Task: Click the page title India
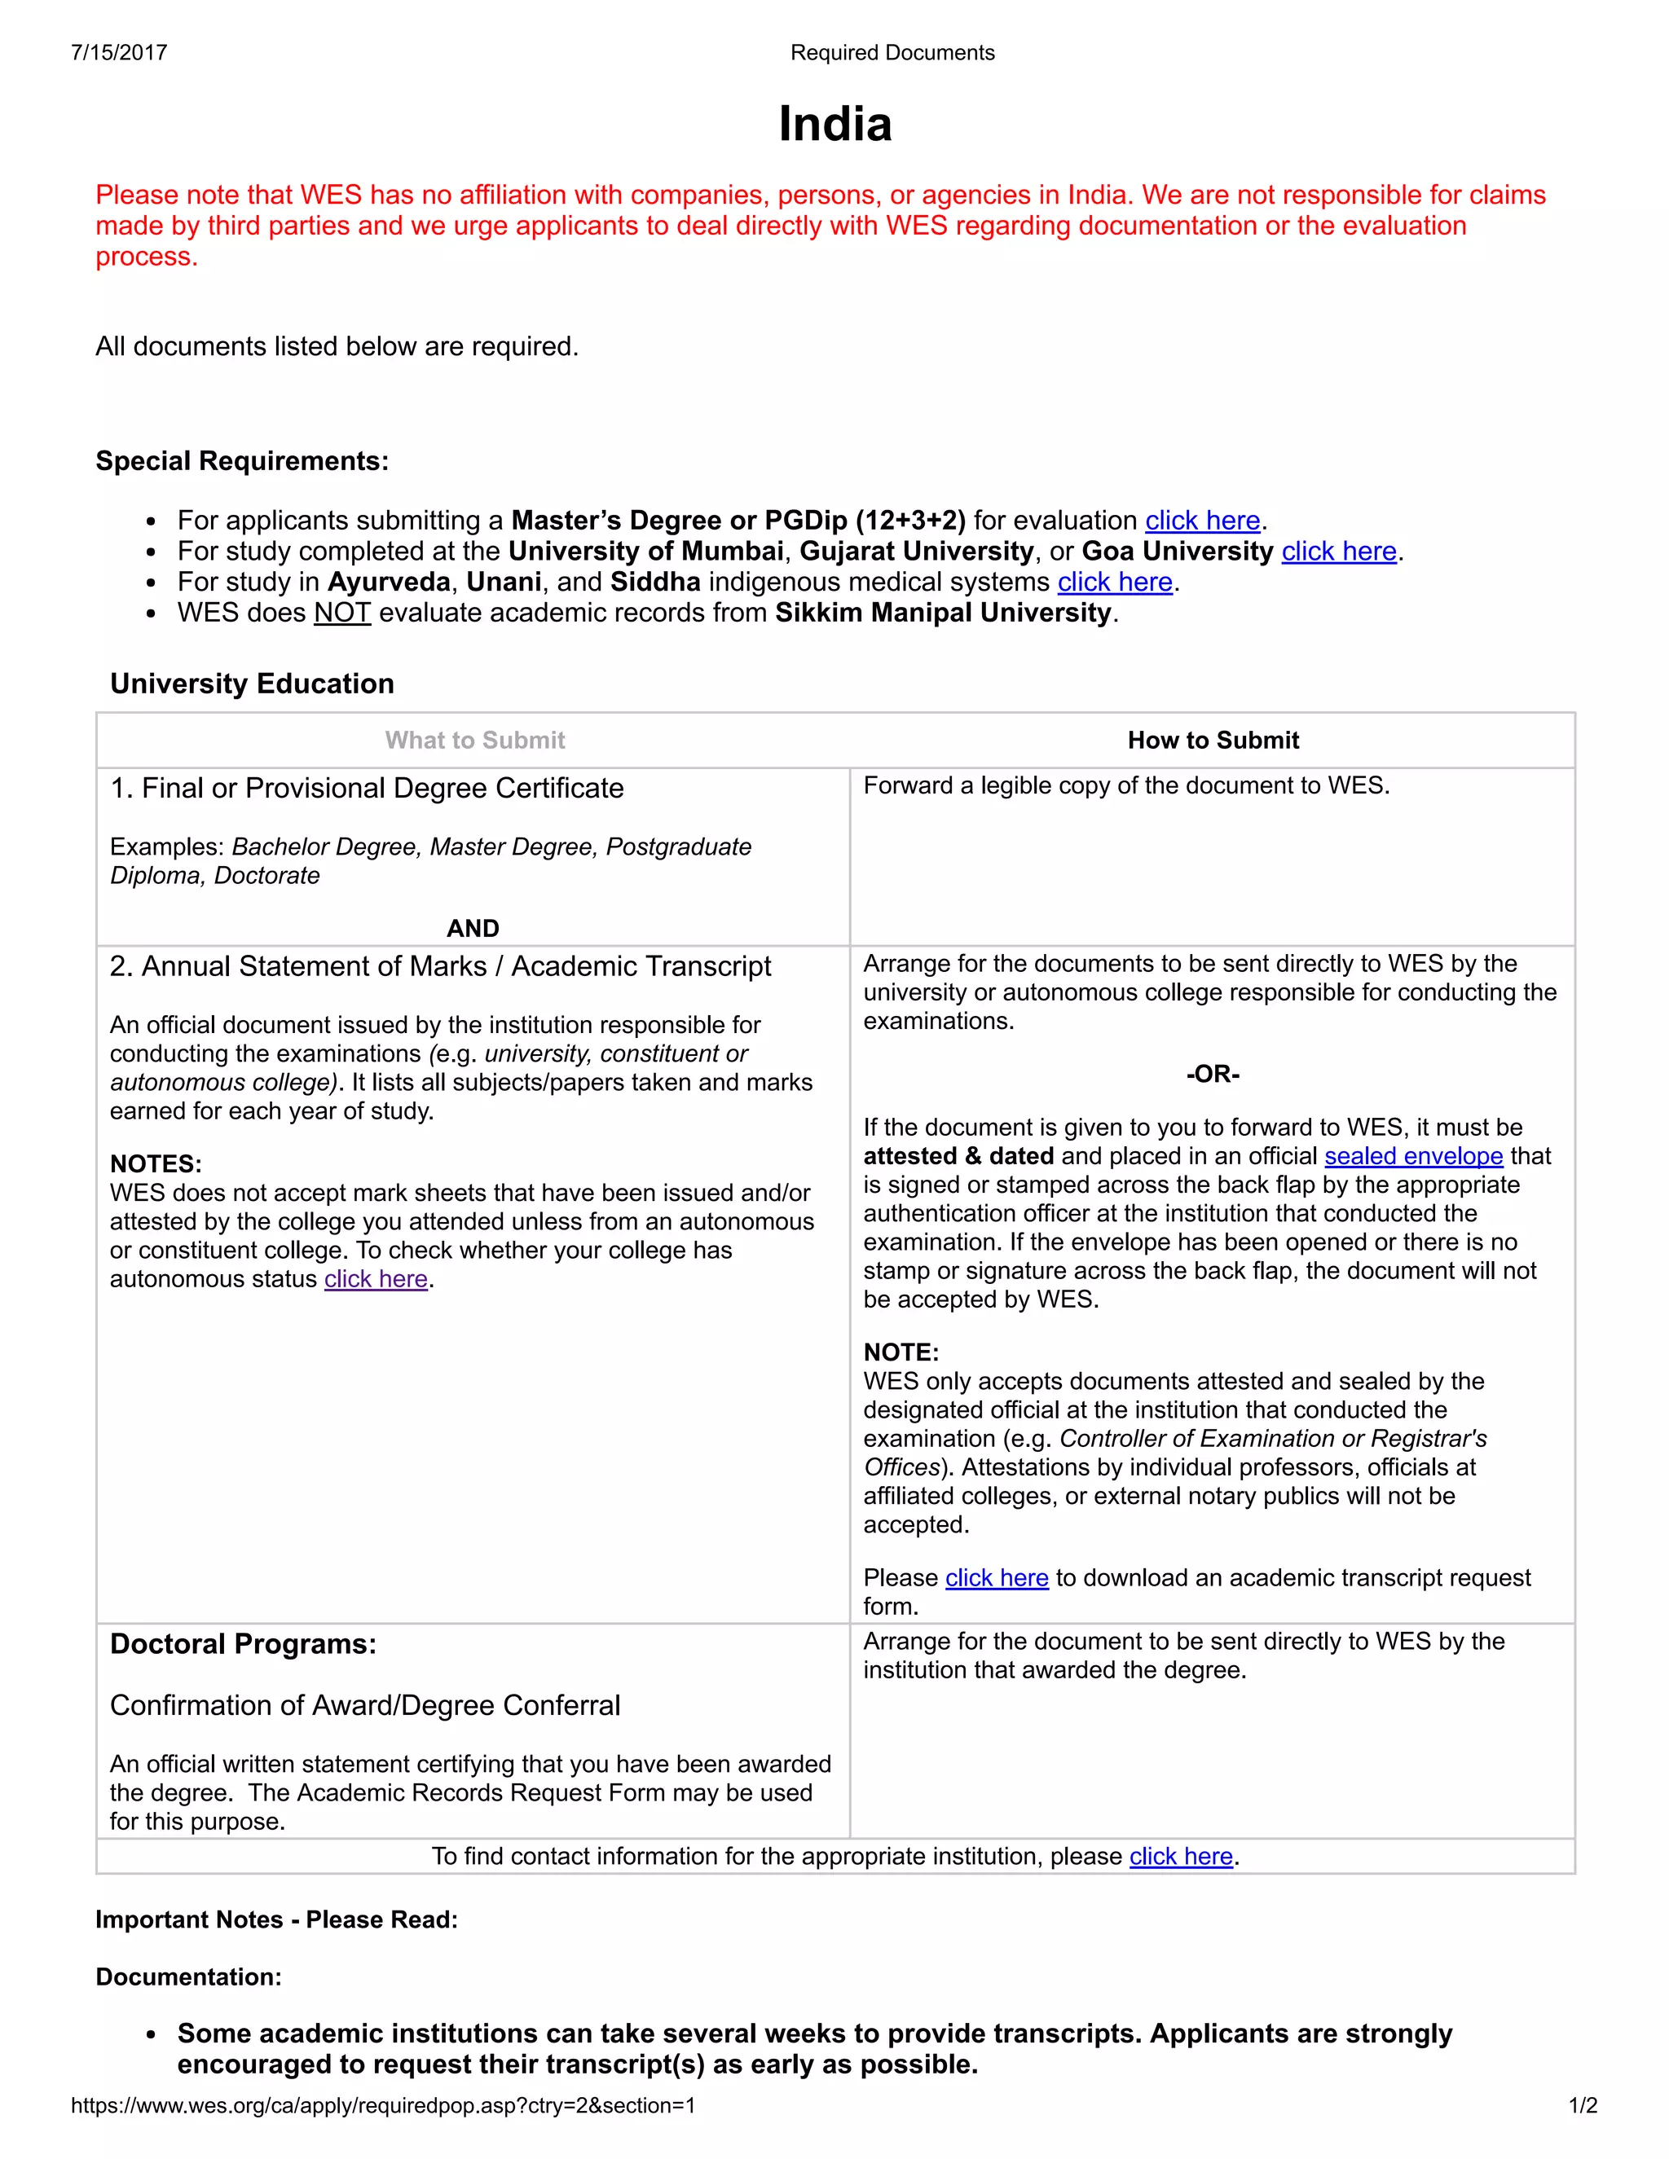(834, 125)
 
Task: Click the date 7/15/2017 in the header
(119, 52)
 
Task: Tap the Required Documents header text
(892, 52)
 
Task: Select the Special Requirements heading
(242, 460)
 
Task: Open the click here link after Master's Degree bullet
(1202, 521)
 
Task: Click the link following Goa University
(1339, 552)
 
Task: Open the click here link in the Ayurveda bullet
(1114, 583)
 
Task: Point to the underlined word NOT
(342, 613)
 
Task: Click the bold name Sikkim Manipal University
(943, 613)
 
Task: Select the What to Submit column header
(474, 741)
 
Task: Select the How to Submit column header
(1213, 741)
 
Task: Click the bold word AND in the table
(473, 928)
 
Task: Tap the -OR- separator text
(1212, 1074)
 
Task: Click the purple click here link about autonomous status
(376, 1279)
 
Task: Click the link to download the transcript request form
(997, 1578)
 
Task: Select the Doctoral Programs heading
(243, 1644)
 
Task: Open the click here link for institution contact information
(1181, 1857)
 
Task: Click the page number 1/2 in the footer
(1582, 2105)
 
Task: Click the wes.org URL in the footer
(383, 2105)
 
